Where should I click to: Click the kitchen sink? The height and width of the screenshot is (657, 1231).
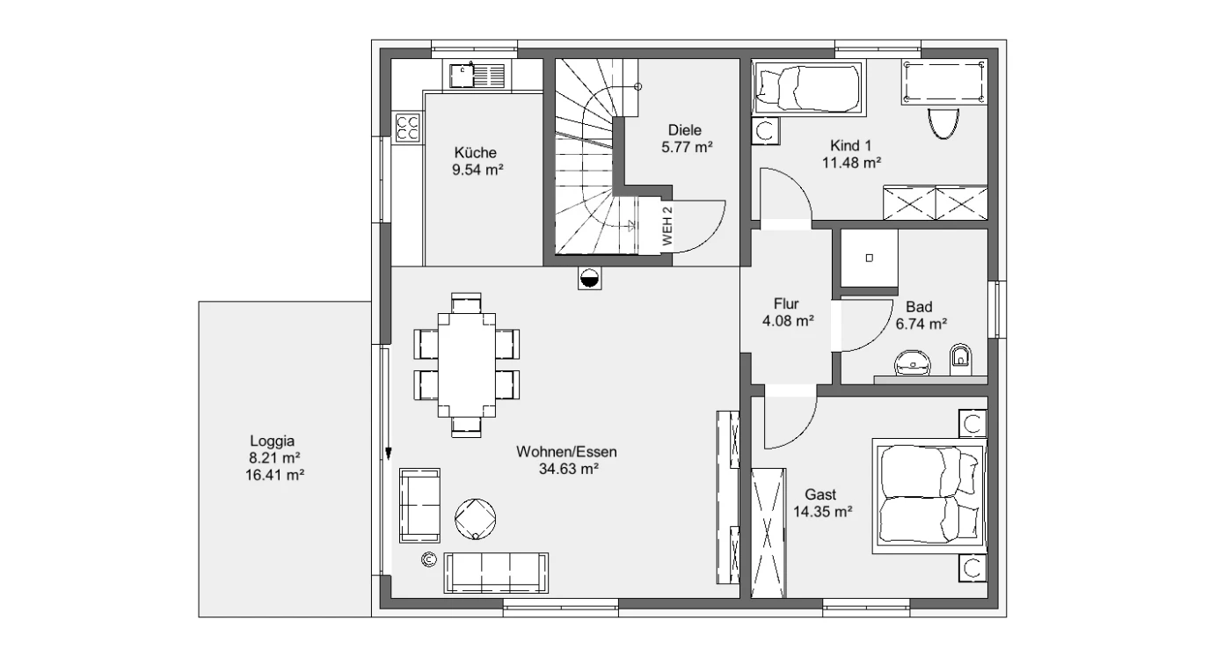point(477,76)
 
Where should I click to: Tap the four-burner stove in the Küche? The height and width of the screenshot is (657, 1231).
point(407,128)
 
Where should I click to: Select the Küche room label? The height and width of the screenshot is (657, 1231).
point(476,152)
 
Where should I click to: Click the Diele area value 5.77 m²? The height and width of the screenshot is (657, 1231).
point(687,148)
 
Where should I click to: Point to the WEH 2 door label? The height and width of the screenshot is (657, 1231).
point(667,226)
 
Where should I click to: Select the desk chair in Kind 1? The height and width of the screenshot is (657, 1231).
point(943,123)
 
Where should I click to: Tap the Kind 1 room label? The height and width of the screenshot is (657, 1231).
point(851,146)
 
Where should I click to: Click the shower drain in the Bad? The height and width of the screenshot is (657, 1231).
point(869,258)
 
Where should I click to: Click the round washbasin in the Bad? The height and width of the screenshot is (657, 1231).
point(913,363)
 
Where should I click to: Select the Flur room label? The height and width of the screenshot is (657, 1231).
point(786,303)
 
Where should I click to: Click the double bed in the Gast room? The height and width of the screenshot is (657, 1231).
point(929,496)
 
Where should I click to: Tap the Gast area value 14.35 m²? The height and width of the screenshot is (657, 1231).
point(823,512)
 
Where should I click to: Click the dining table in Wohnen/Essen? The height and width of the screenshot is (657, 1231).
point(467,365)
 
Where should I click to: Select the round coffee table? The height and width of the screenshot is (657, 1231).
point(476,519)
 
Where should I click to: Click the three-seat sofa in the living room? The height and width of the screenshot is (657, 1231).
point(496,573)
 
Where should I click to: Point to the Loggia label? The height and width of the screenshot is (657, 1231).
point(272,441)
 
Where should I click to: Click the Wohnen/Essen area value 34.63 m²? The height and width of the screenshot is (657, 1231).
point(568,469)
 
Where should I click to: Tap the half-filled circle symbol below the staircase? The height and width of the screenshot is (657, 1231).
point(590,279)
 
